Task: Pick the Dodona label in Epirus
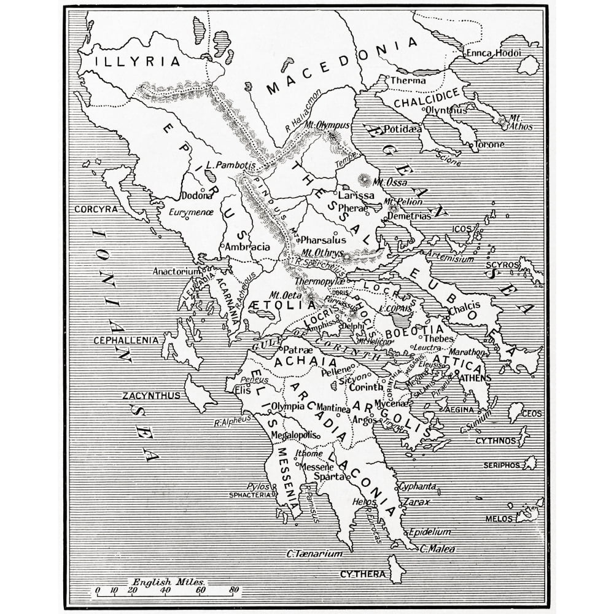pyautogui.click(x=197, y=196)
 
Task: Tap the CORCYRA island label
pyautogui.click(x=95, y=209)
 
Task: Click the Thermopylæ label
pyautogui.click(x=317, y=281)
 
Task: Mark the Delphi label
pyautogui.click(x=352, y=326)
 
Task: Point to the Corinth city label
pyautogui.click(x=366, y=387)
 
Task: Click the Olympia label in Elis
pyautogui.click(x=288, y=406)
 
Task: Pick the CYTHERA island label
pyautogui.click(x=363, y=575)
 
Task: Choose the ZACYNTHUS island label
pyautogui.click(x=151, y=395)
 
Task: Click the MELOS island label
pyautogui.click(x=499, y=519)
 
